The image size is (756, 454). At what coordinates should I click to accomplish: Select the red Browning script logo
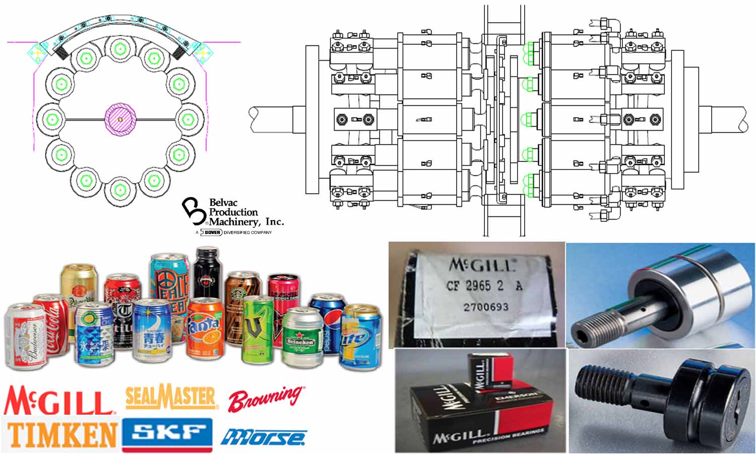click(x=266, y=399)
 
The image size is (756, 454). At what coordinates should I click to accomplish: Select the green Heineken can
click(x=302, y=338)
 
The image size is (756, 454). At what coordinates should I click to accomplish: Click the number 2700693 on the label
click(x=485, y=307)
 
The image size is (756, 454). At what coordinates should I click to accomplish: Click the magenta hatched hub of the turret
click(x=120, y=120)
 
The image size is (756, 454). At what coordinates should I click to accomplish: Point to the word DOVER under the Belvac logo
click(x=212, y=233)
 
